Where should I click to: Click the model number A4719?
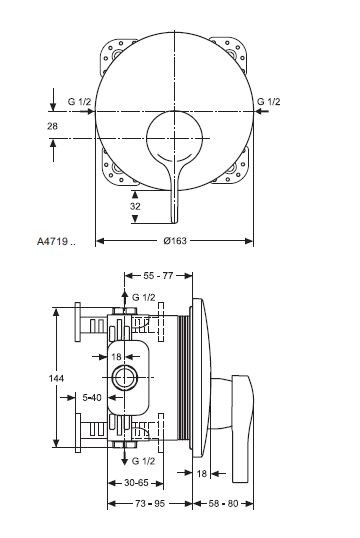coord(52,241)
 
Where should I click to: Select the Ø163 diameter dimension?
coord(175,241)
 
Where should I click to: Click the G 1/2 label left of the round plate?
coord(78,101)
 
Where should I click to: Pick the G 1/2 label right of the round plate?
coord(270,101)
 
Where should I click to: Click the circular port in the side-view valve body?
coord(126,378)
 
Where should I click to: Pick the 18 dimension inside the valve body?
coord(116,356)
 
